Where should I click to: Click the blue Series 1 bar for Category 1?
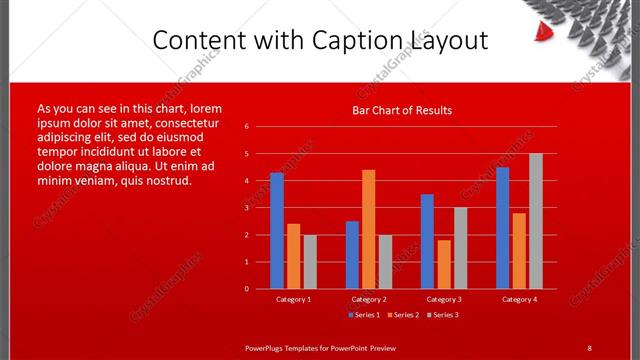coord(277,231)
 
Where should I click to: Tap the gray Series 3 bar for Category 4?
coord(536,221)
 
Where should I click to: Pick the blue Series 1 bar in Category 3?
coord(427,241)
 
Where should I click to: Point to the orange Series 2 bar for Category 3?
coord(444,264)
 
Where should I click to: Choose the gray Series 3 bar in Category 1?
coord(310,261)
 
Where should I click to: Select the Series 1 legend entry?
coord(364,315)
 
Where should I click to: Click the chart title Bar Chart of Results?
coord(402,110)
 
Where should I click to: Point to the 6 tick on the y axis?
coord(247,127)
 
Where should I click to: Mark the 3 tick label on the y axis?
coord(247,208)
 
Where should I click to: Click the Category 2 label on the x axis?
coord(369,299)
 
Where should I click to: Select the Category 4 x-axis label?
coord(519,299)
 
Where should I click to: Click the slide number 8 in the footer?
coord(589,347)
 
